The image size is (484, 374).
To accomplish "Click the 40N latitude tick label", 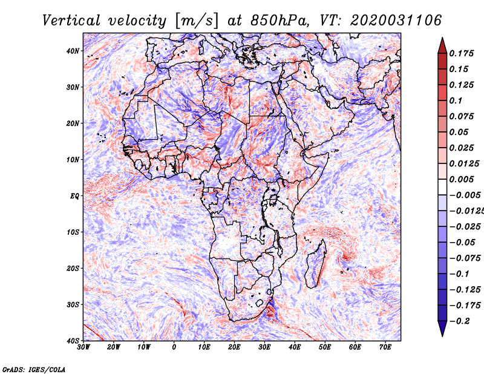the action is (73, 51).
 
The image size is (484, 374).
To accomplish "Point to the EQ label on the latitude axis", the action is (74, 196).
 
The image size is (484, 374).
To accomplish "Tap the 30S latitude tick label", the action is (73, 305).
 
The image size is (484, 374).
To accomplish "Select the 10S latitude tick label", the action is (73, 232).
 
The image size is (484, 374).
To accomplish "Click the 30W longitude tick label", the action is (83, 347).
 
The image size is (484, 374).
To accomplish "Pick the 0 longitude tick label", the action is (174, 347).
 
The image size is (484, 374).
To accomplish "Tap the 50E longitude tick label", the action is (325, 347).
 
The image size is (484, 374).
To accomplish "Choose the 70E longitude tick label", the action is (385, 347).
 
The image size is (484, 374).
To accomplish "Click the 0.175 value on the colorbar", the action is (461, 54).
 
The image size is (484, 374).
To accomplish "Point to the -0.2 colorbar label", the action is (459, 321).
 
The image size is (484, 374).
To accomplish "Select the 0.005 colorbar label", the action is (461, 179).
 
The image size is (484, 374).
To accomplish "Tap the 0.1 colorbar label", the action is (456, 100).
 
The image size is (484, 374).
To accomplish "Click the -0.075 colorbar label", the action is (465, 258).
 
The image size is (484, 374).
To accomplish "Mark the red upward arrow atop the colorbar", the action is (442, 45).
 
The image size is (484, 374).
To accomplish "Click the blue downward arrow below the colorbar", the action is (442, 329).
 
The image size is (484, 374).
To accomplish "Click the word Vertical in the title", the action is (71, 21).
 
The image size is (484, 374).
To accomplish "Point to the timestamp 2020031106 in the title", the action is (396, 21).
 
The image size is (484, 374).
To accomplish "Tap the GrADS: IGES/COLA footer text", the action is (34, 370).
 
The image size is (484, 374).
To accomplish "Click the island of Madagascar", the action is (316, 264).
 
